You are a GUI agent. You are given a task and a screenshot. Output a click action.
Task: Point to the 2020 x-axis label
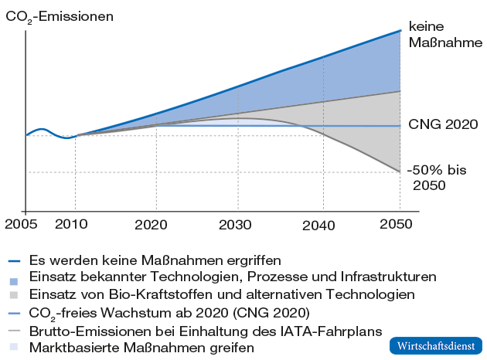tap(156, 225)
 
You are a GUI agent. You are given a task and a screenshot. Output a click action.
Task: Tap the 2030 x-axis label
tap(239, 225)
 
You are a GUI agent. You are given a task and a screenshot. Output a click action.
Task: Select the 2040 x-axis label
tap(318, 225)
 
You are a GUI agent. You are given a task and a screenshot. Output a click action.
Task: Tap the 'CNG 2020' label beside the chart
tap(442, 124)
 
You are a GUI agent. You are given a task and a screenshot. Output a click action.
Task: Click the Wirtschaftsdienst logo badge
tap(434, 344)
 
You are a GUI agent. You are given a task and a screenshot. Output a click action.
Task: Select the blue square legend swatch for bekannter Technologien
tap(14, 277)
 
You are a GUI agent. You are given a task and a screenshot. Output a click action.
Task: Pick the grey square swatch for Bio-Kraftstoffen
tap(14, 295)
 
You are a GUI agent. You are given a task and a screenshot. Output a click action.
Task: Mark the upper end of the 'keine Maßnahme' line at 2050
tap(400, 31)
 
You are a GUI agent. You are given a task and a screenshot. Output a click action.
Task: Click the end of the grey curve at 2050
tap(400, 172)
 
